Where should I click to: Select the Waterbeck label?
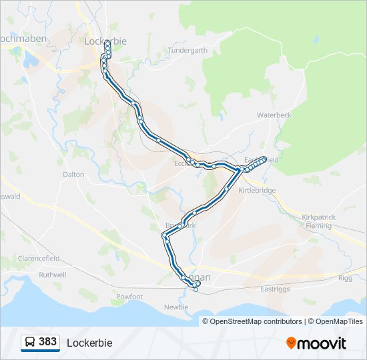pos(274,115)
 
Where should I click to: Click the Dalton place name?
pos(73,174)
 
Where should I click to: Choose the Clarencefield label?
pos(39,258)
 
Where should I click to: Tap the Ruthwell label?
pos(53,275)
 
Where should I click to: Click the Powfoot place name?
pos(129,297)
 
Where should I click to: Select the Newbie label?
pos(176,307)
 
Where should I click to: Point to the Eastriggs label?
pos(276,289)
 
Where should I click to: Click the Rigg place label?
pos(345,278)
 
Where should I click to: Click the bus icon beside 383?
pos(30,342)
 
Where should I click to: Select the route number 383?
pos(48,342)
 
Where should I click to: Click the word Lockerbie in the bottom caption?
pos(89,343)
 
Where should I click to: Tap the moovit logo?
pos(316,343)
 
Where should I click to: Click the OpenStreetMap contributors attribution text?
pos(254,321)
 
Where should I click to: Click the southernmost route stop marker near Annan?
pos(196,289)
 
